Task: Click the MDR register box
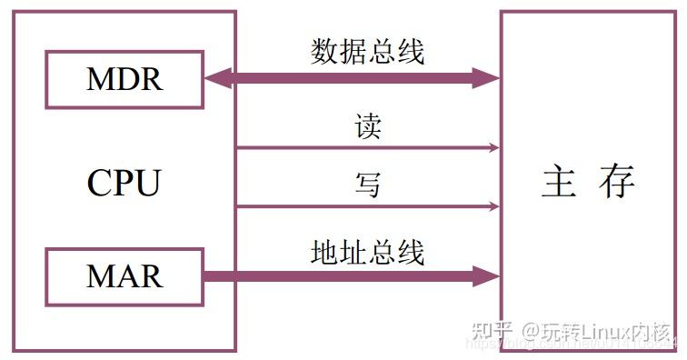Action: (124, 79)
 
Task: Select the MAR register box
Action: (124, 275)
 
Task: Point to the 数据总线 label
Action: (368, 52)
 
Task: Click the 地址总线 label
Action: (368, 251)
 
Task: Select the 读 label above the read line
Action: (368, 127)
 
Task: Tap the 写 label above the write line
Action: (368, 186)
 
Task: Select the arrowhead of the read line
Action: (493, 147)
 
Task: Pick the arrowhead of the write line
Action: (493, 206)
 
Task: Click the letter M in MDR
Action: (99, 79)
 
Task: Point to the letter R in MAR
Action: (152, 275)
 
